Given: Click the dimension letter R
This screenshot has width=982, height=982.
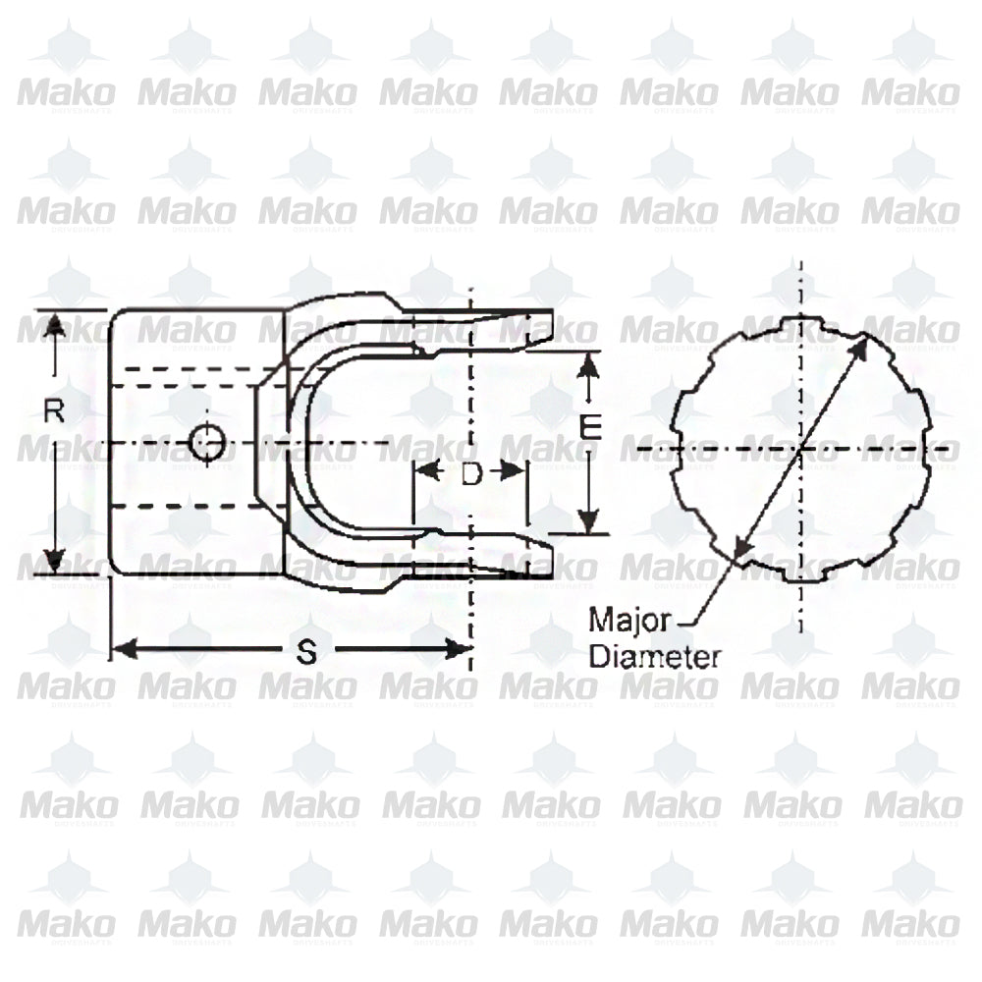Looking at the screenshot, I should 55,411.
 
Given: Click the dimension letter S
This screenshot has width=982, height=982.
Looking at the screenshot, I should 306,653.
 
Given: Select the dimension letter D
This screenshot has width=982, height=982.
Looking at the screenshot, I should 471,474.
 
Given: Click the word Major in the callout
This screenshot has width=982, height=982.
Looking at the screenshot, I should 628,620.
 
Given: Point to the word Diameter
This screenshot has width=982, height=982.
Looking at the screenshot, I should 654,657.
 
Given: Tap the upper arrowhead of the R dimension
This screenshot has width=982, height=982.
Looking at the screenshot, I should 55,325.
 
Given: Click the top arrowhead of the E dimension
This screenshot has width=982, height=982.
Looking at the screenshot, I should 587,363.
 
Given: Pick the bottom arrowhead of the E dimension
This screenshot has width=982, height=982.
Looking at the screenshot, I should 587,522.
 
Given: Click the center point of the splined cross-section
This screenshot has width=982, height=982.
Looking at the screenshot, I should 801,449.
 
